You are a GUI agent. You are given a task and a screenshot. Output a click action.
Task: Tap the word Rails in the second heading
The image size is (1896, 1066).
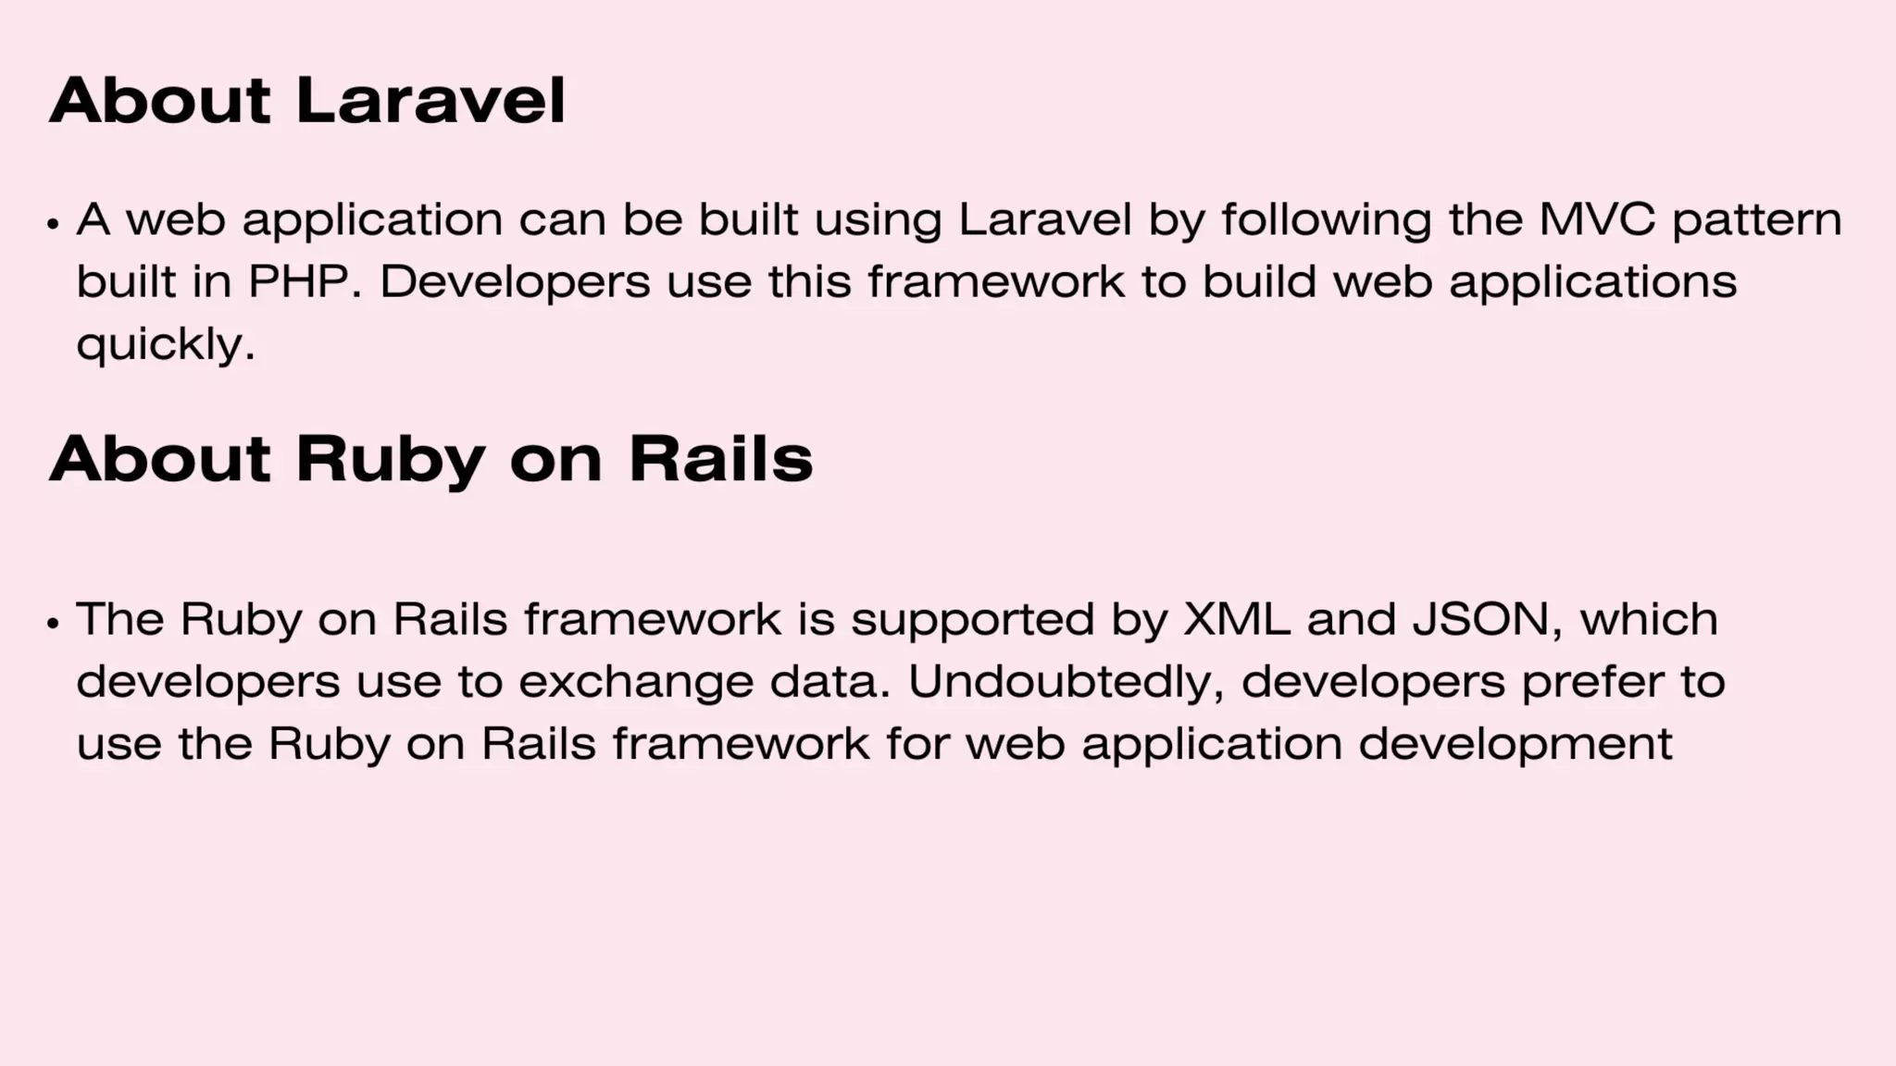tap(720, 459)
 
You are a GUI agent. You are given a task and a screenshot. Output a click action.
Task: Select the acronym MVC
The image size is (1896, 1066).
tap(1597, 220)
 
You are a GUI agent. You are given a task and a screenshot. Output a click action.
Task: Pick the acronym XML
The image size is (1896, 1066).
tap(1237, 619)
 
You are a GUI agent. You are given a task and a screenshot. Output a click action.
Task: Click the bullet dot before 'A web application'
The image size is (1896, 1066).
tap(53, 224)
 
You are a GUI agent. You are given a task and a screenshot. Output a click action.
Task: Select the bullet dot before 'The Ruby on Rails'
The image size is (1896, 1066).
tap(53, 623)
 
